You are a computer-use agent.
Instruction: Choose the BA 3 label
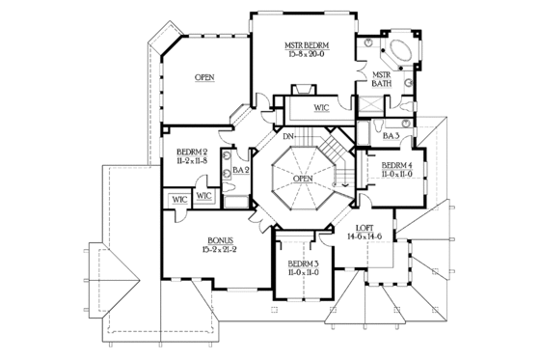pyautogui.click(x=391, y=136)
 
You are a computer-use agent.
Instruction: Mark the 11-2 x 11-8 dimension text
pyautogui.click(x=193, y=161)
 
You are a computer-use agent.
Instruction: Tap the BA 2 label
pyautogui.click(x=241, y=171)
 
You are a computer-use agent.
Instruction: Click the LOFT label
pyautogui.click(x=364, y=227)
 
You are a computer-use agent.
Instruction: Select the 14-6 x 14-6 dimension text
pyautogui.click(x=364, y=236)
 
